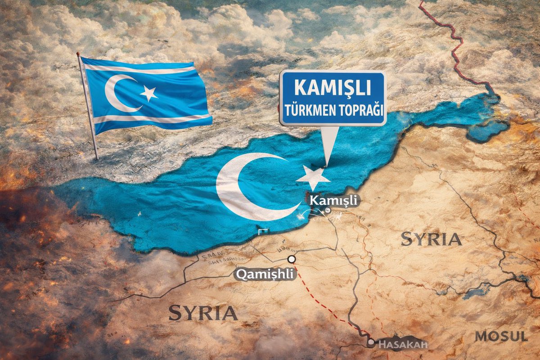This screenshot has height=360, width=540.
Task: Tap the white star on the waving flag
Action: pos(149,94)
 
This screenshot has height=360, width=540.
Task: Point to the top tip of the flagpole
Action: pos(78,54)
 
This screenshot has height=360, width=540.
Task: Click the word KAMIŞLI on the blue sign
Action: pos(333,88)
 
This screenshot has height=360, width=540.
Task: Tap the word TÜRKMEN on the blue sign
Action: pos(310,109)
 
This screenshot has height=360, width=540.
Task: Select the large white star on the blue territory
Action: pos(314,179)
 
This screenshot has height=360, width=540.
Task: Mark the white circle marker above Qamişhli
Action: pos(292,259)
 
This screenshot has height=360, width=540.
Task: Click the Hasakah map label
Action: pos(401,345)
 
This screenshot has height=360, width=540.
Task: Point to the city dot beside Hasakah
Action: pos(371,342)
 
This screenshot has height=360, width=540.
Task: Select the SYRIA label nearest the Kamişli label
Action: pos(431,239)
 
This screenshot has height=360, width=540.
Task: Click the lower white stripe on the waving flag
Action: pos(148,119)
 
